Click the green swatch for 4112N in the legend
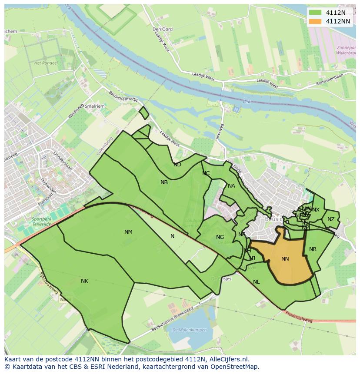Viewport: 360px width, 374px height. pyautogui.click(x=316, y=13)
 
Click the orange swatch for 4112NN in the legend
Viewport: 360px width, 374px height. pyautogui.click(x=316, y=21)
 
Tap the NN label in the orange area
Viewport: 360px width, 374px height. pyautogui.click(x=285, y=259)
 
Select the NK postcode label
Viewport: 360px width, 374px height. pyautogui.click(x=84, y=281)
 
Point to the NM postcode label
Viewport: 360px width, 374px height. pyautogui.click(x=128, y=232)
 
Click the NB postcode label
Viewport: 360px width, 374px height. pyautogui.click(x=164, y=182)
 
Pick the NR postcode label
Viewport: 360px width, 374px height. pyautogui.click(x=313, y=249)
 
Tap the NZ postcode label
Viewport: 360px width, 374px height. pyautogui.click(x=331, y=219)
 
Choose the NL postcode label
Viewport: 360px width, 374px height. pyautogui.click(x=257, y=282)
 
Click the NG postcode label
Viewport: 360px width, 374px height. pyautogui.click(x=220, y=237)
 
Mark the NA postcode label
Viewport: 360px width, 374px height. pyautogui.click(x=231, y=186)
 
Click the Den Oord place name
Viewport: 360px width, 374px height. pyautogui.click(x=163, y=29)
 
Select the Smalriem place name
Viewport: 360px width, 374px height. pyautogui.click(x=95, y=106)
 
